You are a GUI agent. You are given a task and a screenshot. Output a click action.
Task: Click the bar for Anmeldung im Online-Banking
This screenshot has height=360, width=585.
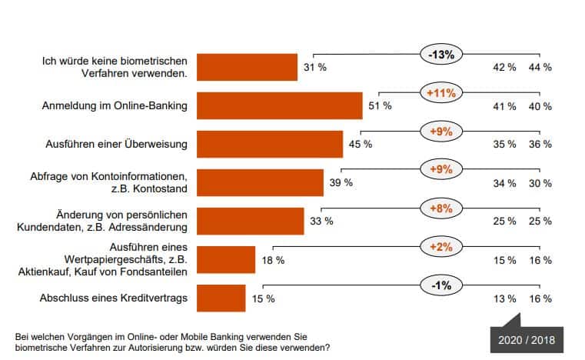(279, 105)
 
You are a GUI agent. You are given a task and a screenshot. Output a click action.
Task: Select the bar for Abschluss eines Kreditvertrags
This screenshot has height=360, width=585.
(221, 298)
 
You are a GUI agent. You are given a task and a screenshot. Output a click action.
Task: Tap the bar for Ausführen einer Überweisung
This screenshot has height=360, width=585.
(269, 144)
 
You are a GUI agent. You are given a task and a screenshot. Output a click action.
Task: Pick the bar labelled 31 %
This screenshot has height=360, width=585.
(247, 67)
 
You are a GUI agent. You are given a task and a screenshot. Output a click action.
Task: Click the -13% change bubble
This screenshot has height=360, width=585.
(440, 55)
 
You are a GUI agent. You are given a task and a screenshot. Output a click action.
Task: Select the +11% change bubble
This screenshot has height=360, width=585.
(440, 93)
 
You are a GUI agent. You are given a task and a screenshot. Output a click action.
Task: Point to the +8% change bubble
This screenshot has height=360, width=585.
(440, 208)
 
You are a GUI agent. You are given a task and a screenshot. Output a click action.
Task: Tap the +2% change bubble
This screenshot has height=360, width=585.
(440, 247)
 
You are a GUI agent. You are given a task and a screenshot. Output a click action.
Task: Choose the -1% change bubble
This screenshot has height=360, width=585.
(440, 285)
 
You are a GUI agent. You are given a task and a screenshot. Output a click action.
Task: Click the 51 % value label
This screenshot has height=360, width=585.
(380, 106)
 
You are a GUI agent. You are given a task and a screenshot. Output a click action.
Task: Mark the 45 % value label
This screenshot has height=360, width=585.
(361, 145)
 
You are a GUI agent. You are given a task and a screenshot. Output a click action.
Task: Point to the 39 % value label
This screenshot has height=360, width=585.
(341, 183)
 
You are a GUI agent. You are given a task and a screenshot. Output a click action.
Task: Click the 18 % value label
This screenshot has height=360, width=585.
(273, 260)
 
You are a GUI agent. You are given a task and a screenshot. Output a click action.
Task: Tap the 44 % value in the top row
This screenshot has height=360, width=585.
(540, 68)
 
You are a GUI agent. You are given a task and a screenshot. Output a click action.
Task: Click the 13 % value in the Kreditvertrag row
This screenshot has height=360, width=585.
(504, 298)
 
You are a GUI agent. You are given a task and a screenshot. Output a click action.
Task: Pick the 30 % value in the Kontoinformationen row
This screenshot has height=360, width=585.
(540, 183)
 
